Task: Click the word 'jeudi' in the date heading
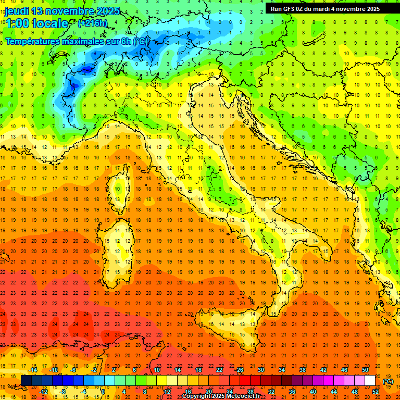tap(16, 11)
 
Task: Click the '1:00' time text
tap(17, 23)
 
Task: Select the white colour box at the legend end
tap(370, 381)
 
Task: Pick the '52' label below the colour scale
tap(376, 392)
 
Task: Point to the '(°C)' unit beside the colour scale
tap(389, 381)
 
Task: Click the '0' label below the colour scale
tap(103, 392)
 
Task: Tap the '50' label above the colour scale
tap(365, 370)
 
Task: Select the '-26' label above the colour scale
tap(239, 370)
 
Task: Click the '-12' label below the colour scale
tap(43, 392)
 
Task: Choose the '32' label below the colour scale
tap(271, 392)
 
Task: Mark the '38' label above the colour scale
tap(302, 370)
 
